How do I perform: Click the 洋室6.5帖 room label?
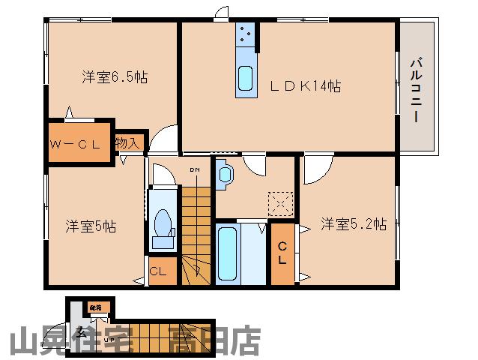[x=115, y=76]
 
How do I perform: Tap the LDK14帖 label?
[x=305, y=86]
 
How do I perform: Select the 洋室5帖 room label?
[x=90, y=225]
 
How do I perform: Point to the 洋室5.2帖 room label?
[x=354, y=223]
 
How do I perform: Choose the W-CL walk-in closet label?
[x=76, y=144]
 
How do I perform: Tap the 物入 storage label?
[x=127, y=142]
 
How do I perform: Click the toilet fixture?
[x=162, y=226]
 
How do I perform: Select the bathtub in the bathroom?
[x=227, y=251]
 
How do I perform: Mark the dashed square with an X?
[x=280, y=202]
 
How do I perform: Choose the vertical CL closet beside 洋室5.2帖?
[x=282, y=253]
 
